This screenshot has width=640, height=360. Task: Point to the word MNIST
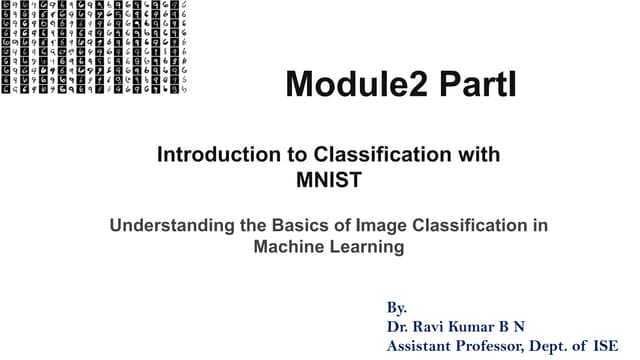tap(327, 182)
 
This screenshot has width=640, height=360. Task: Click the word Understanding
tap(170, 226)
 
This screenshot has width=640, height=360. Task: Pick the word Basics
tap(305, 226)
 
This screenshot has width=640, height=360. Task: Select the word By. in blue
tap(396, 307)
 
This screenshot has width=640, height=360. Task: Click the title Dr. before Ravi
tap(398, 326)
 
